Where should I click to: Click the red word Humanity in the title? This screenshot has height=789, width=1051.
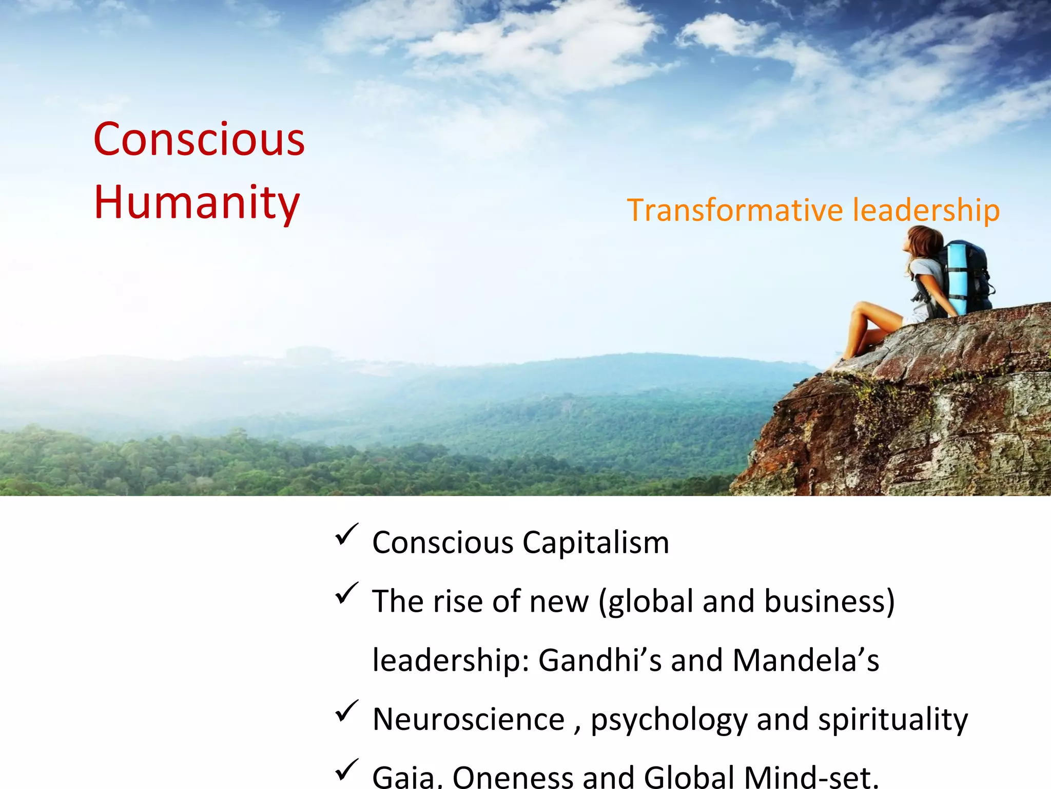(197, 202)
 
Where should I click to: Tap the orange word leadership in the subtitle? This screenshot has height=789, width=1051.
(926, 210)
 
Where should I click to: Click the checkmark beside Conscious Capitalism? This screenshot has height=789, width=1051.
(346, 535)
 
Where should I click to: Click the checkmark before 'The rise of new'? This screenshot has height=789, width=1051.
(346, 594)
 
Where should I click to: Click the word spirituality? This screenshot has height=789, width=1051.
(893, 719)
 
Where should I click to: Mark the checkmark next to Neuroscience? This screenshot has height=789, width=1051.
(346, 711)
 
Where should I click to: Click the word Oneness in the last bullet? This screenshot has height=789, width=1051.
(513, 777)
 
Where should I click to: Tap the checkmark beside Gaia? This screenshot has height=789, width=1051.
(346, 770)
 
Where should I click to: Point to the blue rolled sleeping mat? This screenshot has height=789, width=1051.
(957, 277)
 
